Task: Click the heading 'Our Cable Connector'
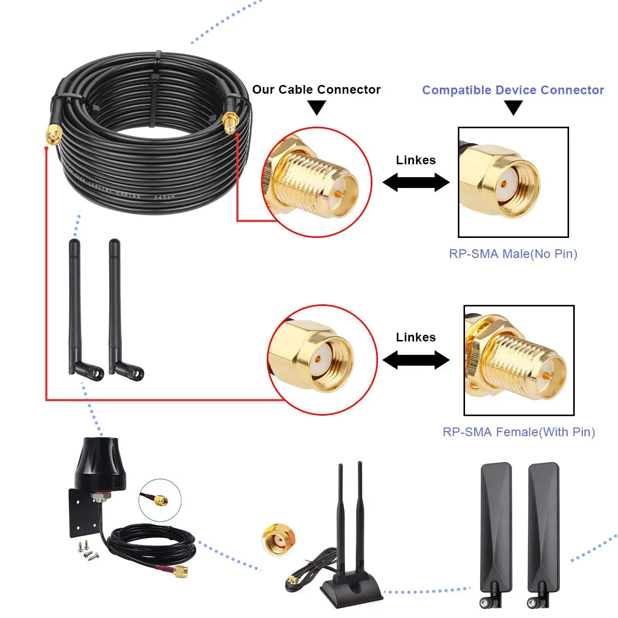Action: (316, 90)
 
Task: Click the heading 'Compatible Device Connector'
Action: (513, 90)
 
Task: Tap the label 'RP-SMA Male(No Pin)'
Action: (513, 254)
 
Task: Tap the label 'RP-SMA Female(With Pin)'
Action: (519, 432)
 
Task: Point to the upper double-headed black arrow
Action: (416, 182)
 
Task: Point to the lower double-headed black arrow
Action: (416, 360)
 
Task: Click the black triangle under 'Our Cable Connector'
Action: (317, 107)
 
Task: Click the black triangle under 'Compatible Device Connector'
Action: (513, 107)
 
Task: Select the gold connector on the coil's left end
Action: (53, 135)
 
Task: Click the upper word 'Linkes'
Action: (416, 160)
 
